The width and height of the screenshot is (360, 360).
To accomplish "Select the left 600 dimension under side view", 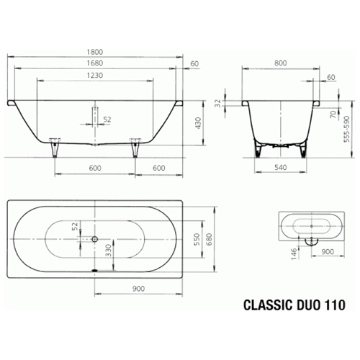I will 95,167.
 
